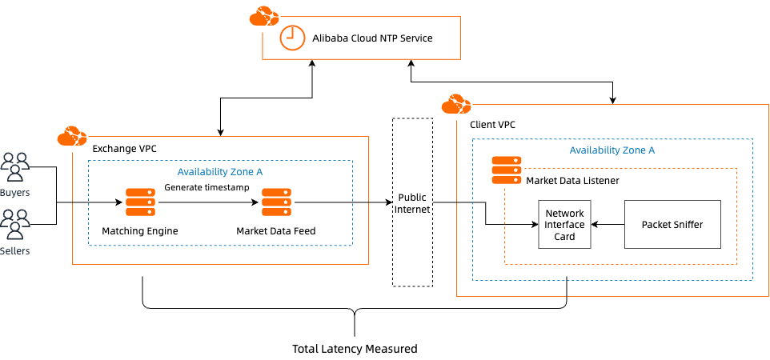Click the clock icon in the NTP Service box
point(291,37)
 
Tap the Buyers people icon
point(14,164)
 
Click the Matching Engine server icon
point(140,202)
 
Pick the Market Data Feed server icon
point(276,202)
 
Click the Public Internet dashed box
point(412,202)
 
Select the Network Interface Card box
point(564,225)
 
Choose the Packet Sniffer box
point(672,225)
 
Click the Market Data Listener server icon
point(506,170)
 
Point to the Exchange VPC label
point(124,149)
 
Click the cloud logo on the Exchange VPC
point(72,136)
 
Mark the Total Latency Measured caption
point(355,349)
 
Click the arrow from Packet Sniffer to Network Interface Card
point(608,225)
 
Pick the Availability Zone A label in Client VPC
point(612,150)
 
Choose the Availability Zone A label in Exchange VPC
point(219,171)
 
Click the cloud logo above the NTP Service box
point(264,16)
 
